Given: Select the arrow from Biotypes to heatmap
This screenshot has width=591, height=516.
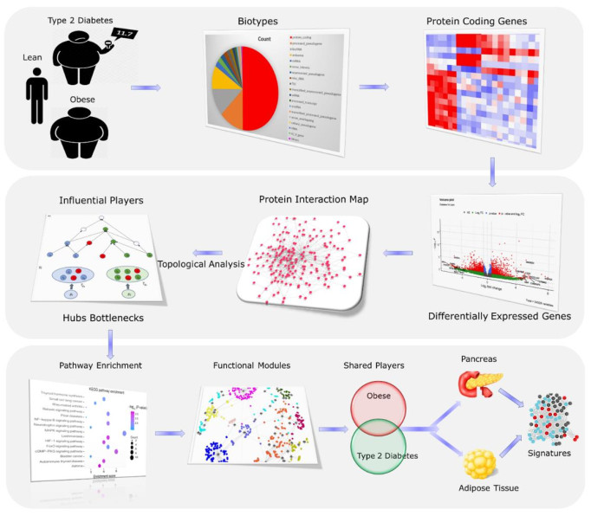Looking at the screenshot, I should click(x=374, y=87).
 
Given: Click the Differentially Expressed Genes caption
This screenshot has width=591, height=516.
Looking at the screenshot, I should click(x=500, y=316).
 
